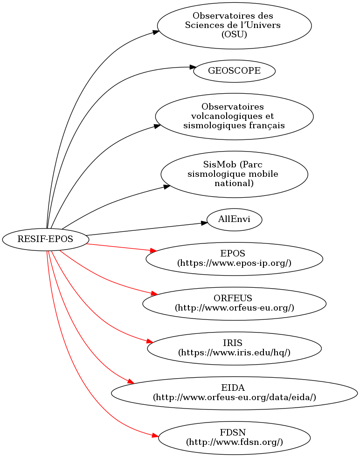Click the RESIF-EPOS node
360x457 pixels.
pos(45,240)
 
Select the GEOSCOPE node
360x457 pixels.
pos(234,71)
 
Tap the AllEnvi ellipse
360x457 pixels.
pos(234,219)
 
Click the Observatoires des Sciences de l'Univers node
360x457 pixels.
pos(234,25)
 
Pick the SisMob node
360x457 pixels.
pos(234,174)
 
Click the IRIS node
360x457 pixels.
pos(234,348)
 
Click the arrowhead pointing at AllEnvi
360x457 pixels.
pos(204,223)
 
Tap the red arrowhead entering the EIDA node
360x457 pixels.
pos(131,382)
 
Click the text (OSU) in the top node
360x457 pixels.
pos(234,34)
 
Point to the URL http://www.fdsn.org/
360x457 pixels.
pos(234,442)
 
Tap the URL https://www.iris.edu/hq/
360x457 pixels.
pos(234,352)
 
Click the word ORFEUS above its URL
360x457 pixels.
pos(234,298)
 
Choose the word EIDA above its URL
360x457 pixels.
pos(234,388)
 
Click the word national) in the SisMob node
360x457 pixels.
pos(234,183)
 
